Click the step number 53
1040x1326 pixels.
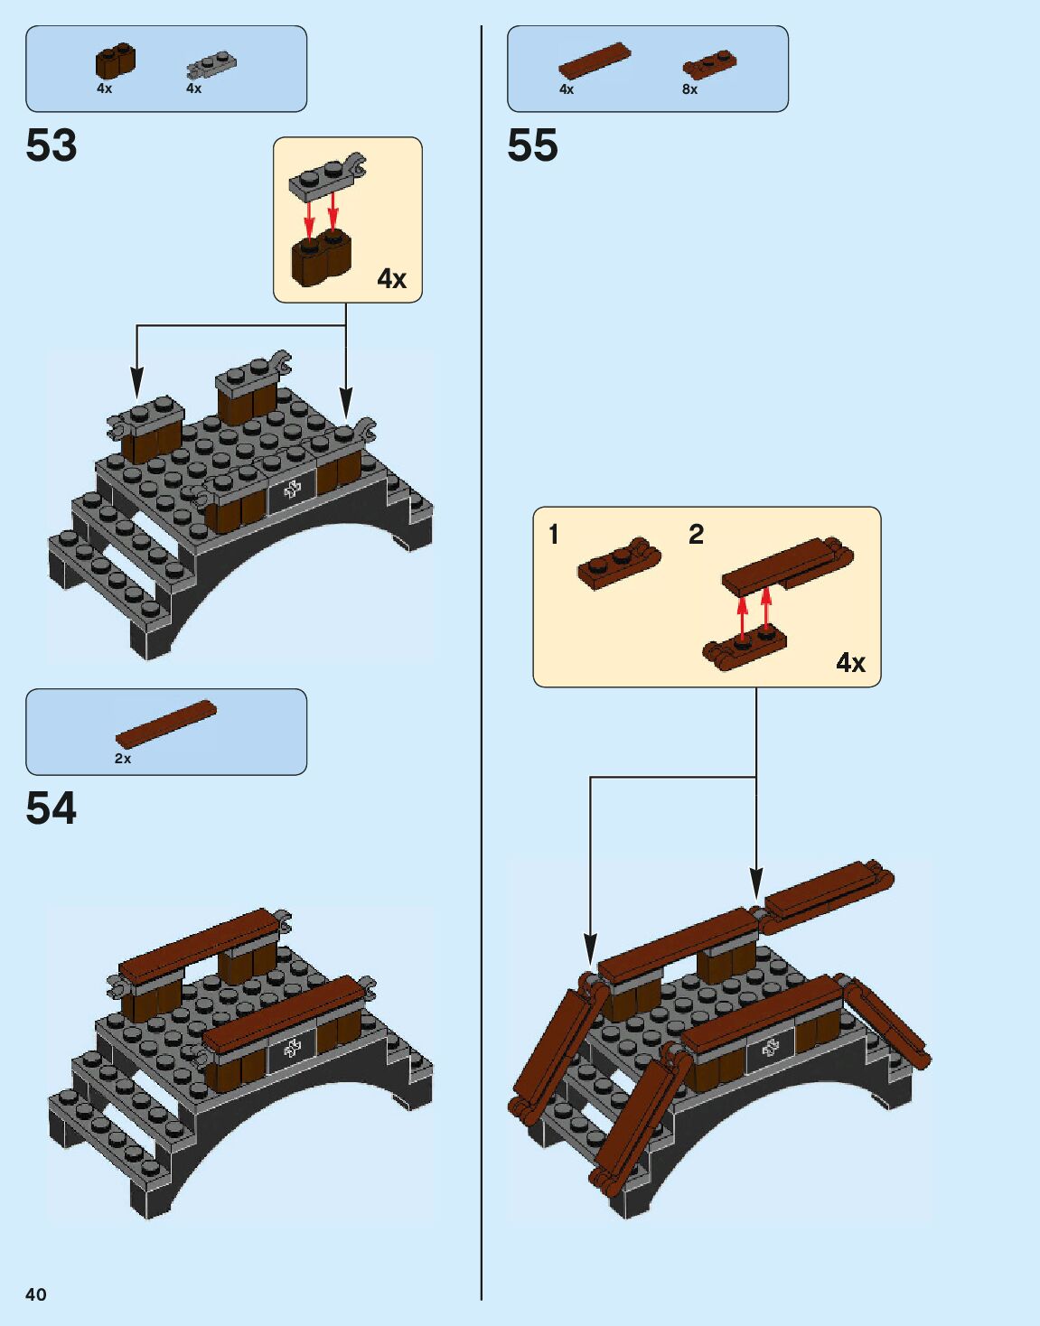click(52, 145)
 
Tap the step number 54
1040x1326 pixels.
click(52, 808)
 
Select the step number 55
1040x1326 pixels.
click(532, 145)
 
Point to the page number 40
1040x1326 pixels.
click(35, 1294)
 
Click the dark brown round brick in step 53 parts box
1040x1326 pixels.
click(116, 61)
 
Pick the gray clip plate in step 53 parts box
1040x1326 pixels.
click(211, 65)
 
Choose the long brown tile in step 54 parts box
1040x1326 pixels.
click(166, 724)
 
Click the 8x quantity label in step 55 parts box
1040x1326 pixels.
click(689, 89)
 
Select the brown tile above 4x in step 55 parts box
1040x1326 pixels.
click(594, 61)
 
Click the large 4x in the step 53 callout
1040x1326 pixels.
click(391, 279)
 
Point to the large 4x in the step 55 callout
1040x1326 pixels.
click(850, 663)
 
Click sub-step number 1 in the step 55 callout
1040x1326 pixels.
click(554, 535)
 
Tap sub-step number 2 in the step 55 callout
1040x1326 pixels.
click(696, 535)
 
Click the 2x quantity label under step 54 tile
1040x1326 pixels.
click(122, 759)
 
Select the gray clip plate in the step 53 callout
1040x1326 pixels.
click(327, 174)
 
